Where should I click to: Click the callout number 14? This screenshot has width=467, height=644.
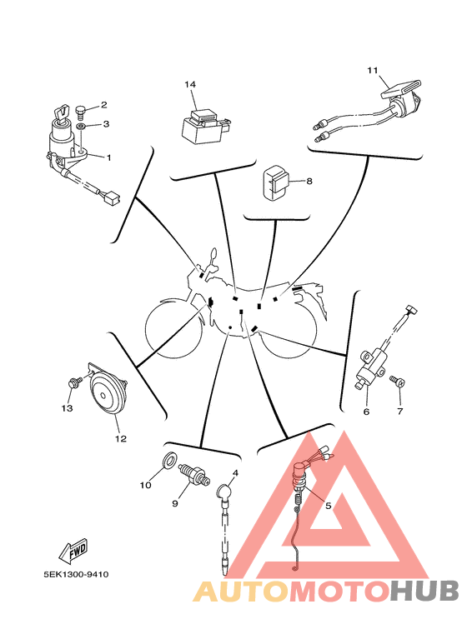coord(190,85)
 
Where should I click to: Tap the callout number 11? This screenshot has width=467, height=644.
coord(373,71)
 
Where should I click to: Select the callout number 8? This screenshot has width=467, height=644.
coord(309,181)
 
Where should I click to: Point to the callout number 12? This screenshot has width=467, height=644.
coord(120,439)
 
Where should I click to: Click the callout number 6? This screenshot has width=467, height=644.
coord(366,411)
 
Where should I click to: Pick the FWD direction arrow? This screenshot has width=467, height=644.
coord(74,550)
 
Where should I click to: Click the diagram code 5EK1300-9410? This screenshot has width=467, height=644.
coord(77,574)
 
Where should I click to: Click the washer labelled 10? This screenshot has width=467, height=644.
coord(168,461)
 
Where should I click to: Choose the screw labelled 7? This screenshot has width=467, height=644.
coord(398,380)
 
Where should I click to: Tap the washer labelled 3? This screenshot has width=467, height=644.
coord(82,125)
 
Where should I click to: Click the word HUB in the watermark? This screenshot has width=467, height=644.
coord(424,591)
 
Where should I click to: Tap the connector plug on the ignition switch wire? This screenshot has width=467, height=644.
coord(112,199)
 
